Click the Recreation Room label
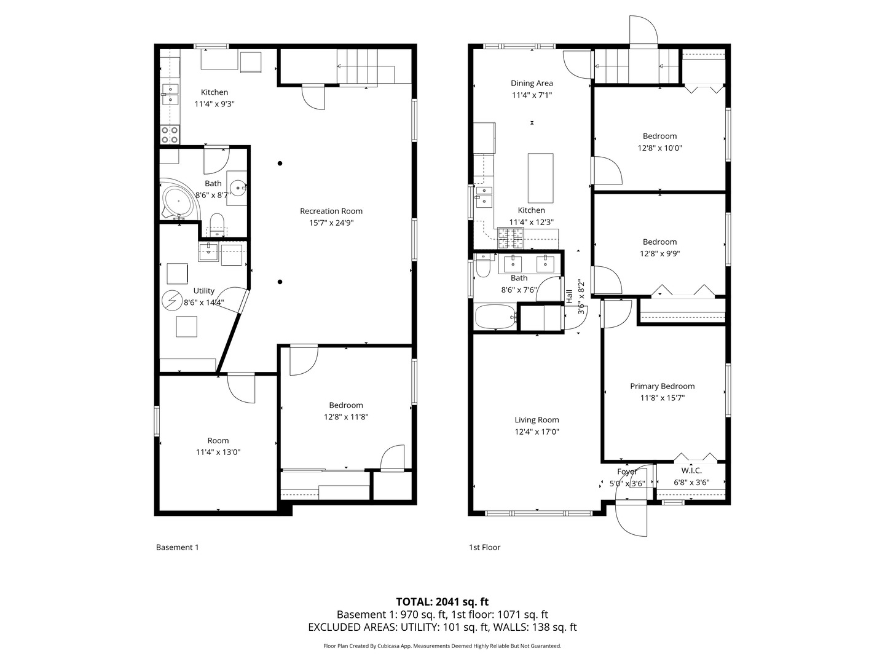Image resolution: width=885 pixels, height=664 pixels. pyautogui.click(x=331, y=211)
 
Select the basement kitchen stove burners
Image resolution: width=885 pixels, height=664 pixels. pyautogui.click(x=170, y=134)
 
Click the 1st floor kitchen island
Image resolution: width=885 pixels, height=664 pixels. pyautogui.click(x=540, y=178)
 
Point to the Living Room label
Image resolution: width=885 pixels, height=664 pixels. pyautogui.click(x=537, y=420)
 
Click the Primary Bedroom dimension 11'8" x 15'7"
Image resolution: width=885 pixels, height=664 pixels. pyautogui.click(x=662, y=398)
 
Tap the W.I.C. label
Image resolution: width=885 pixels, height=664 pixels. pyautogui.click(x=691, y=470)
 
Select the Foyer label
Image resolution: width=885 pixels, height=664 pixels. pyautogui.click(x=627, y=472)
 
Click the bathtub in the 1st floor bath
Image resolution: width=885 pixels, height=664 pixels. pyautogui.click(x=495, y=317)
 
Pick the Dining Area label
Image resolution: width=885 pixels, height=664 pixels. pyautogui.click(x=532, y=83)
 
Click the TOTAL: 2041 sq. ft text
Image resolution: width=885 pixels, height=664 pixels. pyautogui.click(x=442, y=601)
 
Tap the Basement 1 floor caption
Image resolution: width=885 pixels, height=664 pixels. pyautogui.click(x=177, y=547)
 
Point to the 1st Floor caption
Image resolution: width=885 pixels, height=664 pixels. pyautogui.click(x=484, y=547)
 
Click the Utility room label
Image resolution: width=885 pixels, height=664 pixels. pyautogui.click(x=204, y=291)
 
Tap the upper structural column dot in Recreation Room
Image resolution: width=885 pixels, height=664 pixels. pyautogui.click(x=280, y=164)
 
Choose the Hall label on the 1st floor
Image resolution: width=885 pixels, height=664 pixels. pyautogui.click(x=569, y=296)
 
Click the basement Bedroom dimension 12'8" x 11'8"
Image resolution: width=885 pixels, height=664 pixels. pyautogui.click(x=346, y=417)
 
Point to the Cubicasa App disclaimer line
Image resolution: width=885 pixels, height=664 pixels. pyautogui.click(x=442, y=646)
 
